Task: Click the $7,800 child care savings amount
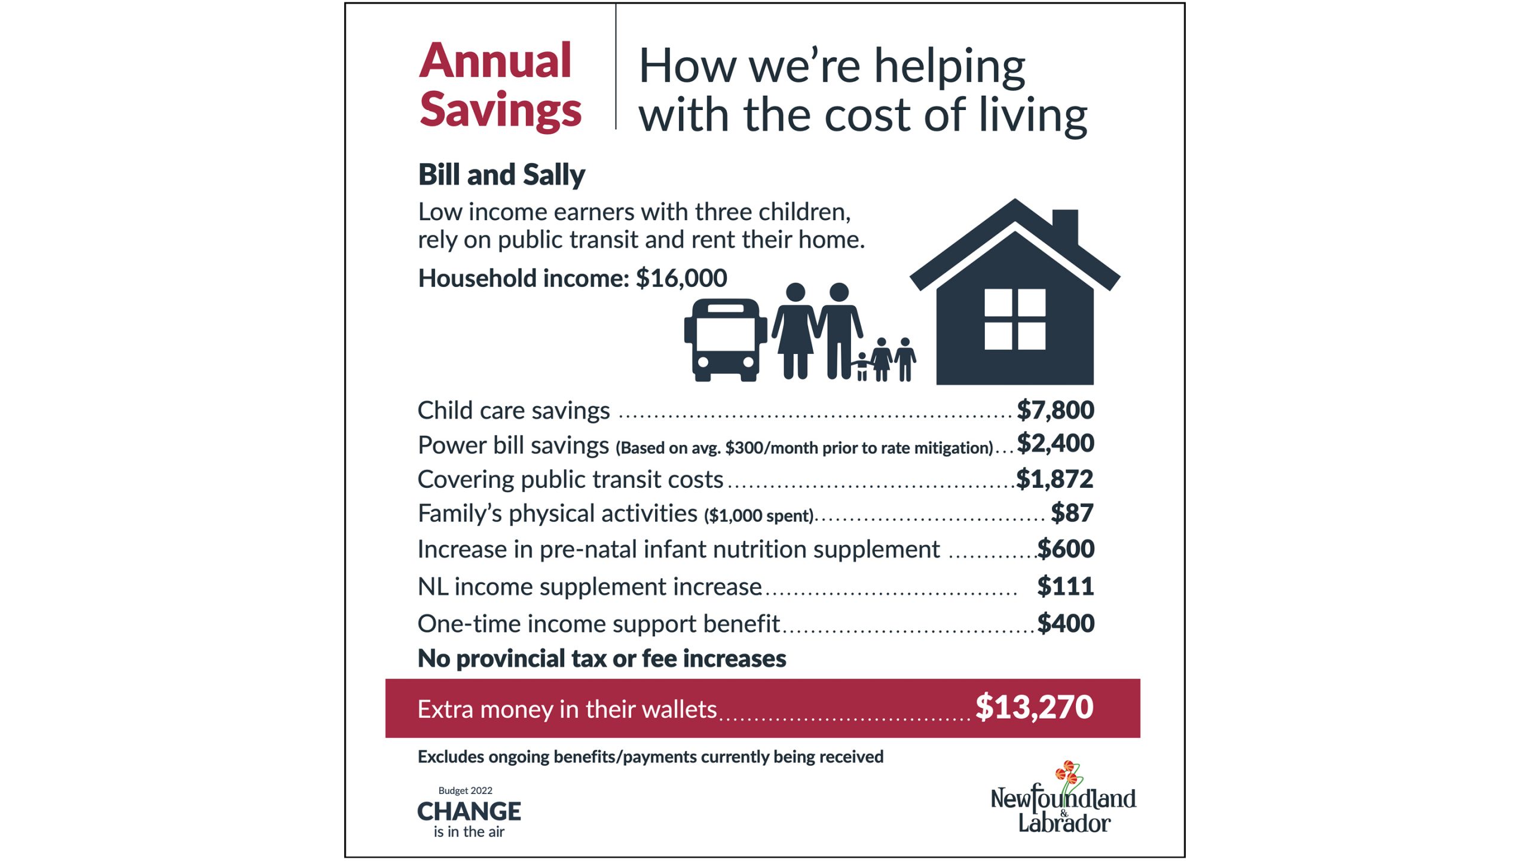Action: pyautogui.click(x=1055, y=410)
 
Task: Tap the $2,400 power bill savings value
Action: pyautogui.click(x=1055, y=444)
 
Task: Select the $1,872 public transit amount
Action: pyautogui.click(x=1055, y=479)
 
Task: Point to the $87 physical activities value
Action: pyautogui.click(x=1072, y=513)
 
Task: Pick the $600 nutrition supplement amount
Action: pyautogui.click(x=1066, y=549)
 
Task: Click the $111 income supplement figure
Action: pyautogui.click(x=1066, y=586)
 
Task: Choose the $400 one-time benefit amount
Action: pyautogui.click(x=1066, y=624)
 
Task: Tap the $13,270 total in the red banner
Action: pyautogui.click(x=1034, y=707)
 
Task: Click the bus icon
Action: pyautogui.click(x=726, y=340)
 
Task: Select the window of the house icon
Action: pyautogui.click(x=1015, y=319)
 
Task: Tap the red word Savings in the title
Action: pyautogui.click(x=500, y=109)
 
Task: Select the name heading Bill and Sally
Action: pyautogui.click(x=501, y=175)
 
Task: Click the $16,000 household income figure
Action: pyautogui.click(x=681, y=278)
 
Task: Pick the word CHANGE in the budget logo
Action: pyautogui.click(x=469, y=811)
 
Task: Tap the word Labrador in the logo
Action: pyautogui.click(x=1064, y=824)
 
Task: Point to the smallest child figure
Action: pyautogui.click(x=861, y=367)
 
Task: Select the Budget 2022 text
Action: pyautogui.click(x=465, y=790)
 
